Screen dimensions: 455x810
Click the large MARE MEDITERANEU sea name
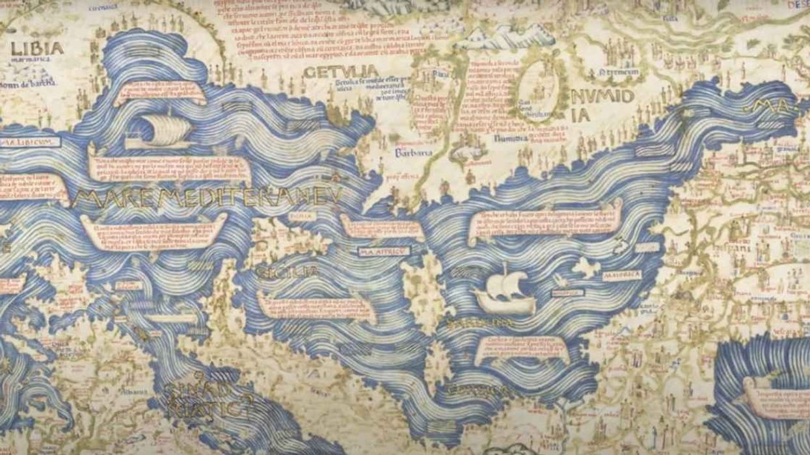207,198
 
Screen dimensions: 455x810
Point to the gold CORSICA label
477,390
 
